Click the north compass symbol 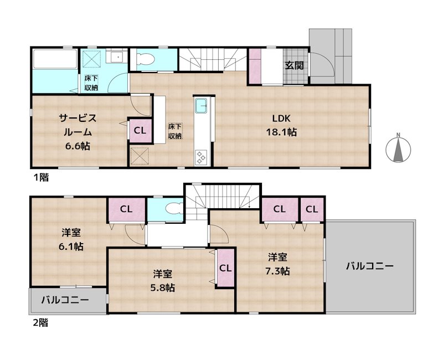(398, 148)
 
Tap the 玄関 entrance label (294, 65)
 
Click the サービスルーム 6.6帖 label (78, 132)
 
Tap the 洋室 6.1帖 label (70, 240)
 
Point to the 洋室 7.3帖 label (279, 264)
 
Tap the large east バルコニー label (370, 266)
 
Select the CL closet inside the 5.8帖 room (225, 268)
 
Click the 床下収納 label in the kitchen (175, 131)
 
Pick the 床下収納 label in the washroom (91, 82)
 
